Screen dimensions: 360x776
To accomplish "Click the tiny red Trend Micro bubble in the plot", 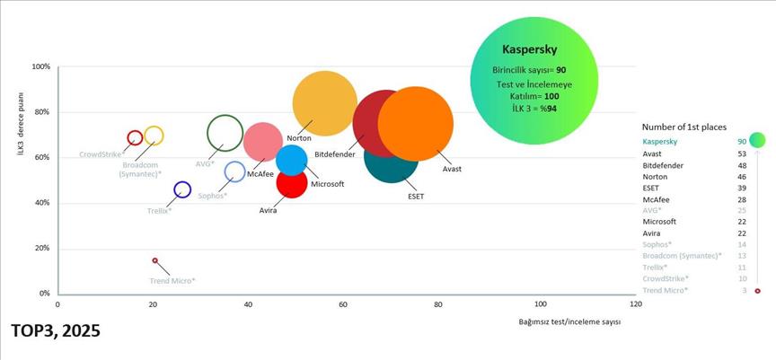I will [x=154, y=260].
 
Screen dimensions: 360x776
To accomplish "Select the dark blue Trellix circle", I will [x=182, y=189].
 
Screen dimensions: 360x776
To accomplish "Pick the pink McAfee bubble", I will [x=262, y=141].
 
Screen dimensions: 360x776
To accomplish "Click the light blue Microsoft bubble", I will [x=291, y=160].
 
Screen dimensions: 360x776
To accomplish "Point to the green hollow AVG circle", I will [x=225, y=134].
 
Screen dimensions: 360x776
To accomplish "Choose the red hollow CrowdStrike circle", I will [x=135, y=138].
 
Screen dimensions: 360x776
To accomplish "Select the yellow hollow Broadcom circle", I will [x=154, y=136].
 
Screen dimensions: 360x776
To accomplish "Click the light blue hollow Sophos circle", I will [x=234, y=171].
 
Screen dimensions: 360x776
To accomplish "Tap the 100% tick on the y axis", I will [x=40, y=67].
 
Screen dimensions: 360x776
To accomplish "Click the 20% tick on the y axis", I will [x=41, y=249].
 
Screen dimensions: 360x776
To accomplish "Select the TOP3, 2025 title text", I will [x=56, y=331].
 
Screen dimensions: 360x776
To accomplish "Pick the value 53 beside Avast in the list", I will [x=742, y=154].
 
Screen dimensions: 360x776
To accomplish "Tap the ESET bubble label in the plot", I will [x=416, y=195].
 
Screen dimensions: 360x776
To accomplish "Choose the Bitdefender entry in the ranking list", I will [x=663, y=166].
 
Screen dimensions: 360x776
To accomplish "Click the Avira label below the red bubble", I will [x=268, y=210].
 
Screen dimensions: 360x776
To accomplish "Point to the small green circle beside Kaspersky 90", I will [x=757, y=140].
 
